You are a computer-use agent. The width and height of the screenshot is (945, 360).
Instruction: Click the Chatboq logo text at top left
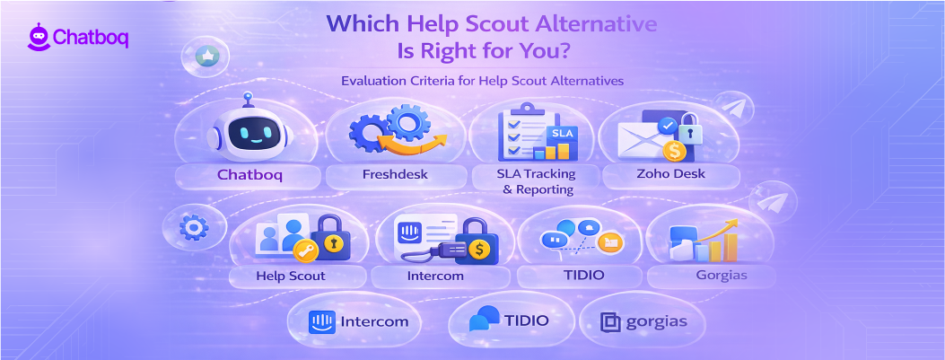click(91, 37)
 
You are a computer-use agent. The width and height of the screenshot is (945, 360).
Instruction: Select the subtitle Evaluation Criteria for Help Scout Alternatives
click(481, 81)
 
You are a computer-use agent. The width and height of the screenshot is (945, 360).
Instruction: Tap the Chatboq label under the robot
click(249, 174)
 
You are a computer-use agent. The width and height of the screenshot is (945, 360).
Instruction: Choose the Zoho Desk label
click(669, 174)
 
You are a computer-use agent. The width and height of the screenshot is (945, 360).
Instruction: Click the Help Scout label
click(290, 276)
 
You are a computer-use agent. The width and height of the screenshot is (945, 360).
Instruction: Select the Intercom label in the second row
click(434, 276)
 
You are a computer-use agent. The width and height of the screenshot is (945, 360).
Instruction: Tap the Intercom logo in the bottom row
click(357, 320)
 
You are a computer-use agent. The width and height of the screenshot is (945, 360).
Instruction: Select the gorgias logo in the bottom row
click(642, 322)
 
